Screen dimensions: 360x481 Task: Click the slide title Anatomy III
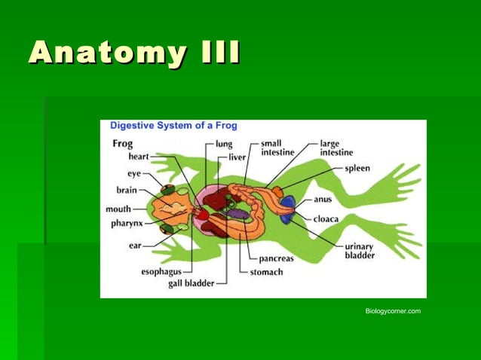click(135, 53)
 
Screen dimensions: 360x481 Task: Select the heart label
click(139, 157)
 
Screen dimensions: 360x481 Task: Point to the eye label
click(134, 173)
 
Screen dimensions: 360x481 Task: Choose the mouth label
click(118, 209)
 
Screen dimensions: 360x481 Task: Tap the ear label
click(135, 245)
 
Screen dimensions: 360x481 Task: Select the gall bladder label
click(191, 284)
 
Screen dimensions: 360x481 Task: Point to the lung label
click(224, 144)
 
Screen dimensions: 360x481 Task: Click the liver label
click(237, 157)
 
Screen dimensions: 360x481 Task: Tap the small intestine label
click(278, 148)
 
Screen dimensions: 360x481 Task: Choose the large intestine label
click(336, 148)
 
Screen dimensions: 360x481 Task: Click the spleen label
click(357, 168)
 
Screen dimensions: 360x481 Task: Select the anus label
click(323, 200)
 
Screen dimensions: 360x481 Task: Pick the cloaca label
click(326, 218)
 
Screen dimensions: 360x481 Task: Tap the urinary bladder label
click(360, 251)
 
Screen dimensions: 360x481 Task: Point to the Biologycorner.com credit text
click(393, 311)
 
